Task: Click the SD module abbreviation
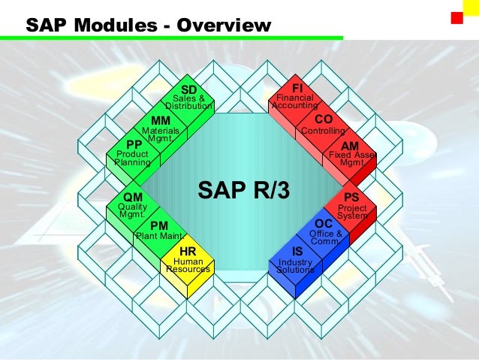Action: [x=189, y=90]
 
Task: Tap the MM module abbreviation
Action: [x=161, y=120]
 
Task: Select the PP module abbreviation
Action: [x=134, y=144]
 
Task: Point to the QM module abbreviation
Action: [x=133, y=197]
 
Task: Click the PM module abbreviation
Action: [x=159, y=225]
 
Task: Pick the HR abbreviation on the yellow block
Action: [x=188, y=251]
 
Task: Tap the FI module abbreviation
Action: [x=297, y=89]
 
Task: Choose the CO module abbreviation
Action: [x=324, y=119]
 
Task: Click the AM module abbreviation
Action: [x=350, y=145]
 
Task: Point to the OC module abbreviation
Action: [x=324, y=224]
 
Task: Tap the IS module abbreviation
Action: [x=297, y=251]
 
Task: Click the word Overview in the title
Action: [x=223, y=26]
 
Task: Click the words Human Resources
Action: [x=188, y=265]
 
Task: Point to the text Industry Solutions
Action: [x=295, y=266]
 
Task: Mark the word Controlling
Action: [x=323, y=132]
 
